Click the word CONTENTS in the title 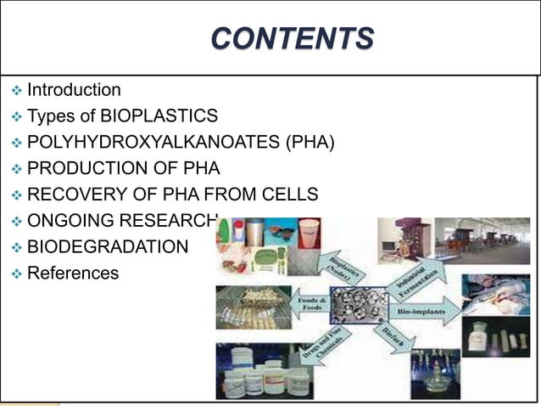pyautogui.click(x=292, y=39)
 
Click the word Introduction pyautogui.click(x=74, y=90)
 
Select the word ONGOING pyautogui.click(x=64, y=221)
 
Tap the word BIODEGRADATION pyautogui.click(x=108, y=247)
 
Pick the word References pyautogui.click(x=73, y=273)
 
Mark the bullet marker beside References pyautogui.click(x=16, y=273)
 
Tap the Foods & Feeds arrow pyautogui.click(x=310, y=302)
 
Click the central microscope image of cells pyautogui.click(x=359, y=305)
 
